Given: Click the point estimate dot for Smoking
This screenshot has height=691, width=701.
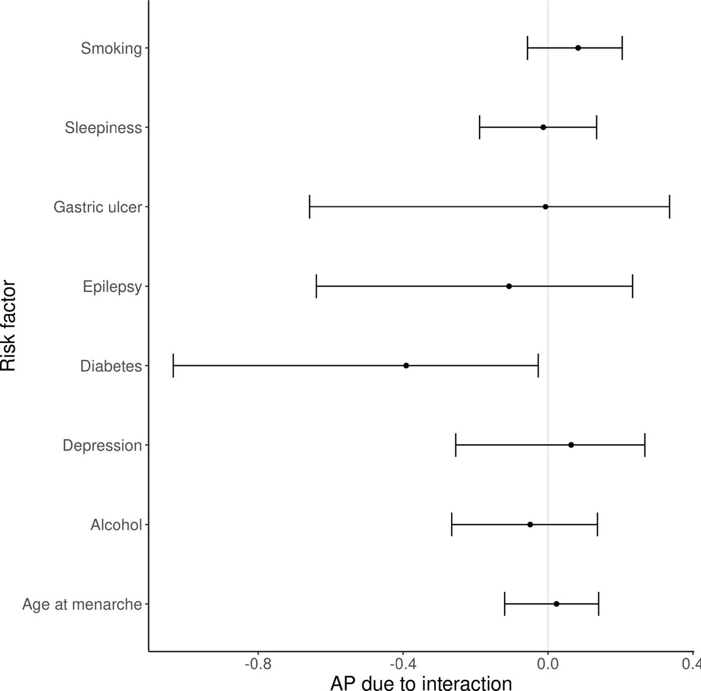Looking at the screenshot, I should pos(578,48).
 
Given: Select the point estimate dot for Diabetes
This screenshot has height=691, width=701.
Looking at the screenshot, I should pos(406,366).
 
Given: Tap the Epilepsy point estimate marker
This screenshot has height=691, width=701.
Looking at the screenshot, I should pos(509,286).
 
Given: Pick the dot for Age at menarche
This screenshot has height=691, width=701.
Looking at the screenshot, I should pos(556,604).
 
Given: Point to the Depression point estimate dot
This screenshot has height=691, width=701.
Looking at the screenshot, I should pos(571,445).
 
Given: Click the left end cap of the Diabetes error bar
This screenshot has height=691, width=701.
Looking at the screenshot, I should pos(173,366).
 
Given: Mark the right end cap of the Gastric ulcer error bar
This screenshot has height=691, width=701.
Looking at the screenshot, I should pos(669,207).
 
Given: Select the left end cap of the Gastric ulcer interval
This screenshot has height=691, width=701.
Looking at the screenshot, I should pos(310,207).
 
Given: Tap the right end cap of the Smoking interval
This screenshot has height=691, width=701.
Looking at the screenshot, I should pos(622,48).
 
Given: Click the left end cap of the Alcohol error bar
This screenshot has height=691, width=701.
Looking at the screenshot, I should pos(452,524).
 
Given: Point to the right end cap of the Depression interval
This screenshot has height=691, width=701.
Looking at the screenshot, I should pos(645,445).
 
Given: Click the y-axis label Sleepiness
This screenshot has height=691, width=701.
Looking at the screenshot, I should pos(103,127).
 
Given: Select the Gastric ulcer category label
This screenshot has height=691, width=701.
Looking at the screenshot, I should pos(98,207).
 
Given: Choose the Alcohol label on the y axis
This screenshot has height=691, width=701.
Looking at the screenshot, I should pos(116,524).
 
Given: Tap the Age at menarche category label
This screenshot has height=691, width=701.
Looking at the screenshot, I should pos(82,604).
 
